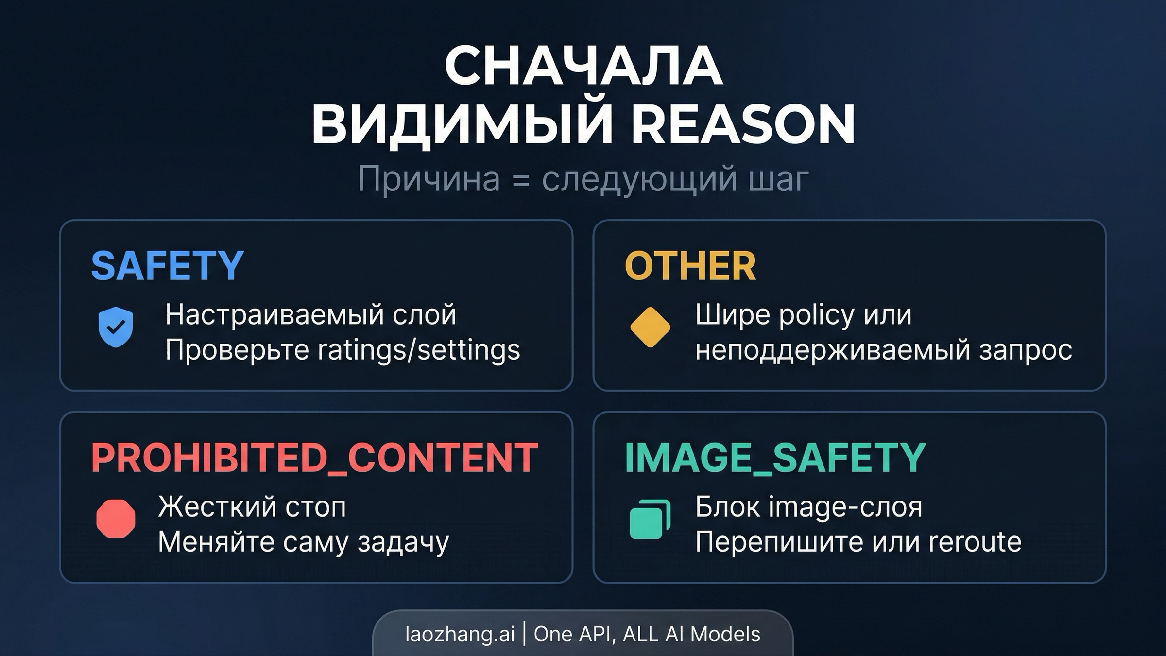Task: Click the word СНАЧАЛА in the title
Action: (x=583, y=66)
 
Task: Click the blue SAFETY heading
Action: (x=167, y=266)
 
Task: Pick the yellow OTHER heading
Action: (x=690, y=266)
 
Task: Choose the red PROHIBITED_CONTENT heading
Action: (x=314, y=458)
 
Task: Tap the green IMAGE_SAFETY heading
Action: (x=775, y=458)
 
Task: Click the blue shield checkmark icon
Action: (x=116, y=327)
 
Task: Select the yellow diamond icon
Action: (x=650, y=327)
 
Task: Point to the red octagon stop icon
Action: (x=116, y=519)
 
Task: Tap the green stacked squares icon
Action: (x=650, y=519)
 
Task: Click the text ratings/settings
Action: (x=419, y=350)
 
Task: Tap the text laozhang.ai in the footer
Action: (x=460, y=634)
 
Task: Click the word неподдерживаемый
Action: (x=833, y=350)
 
